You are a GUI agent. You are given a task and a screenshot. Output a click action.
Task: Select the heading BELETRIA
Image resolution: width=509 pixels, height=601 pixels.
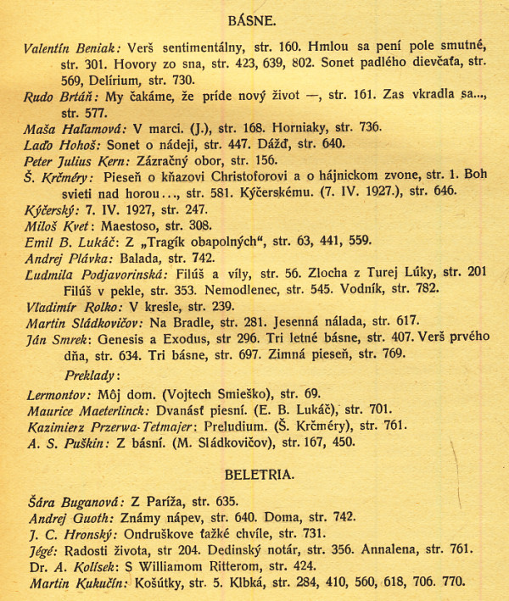coord(260,472)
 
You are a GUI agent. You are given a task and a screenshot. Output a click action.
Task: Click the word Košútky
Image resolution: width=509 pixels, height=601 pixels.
coord(159,582)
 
